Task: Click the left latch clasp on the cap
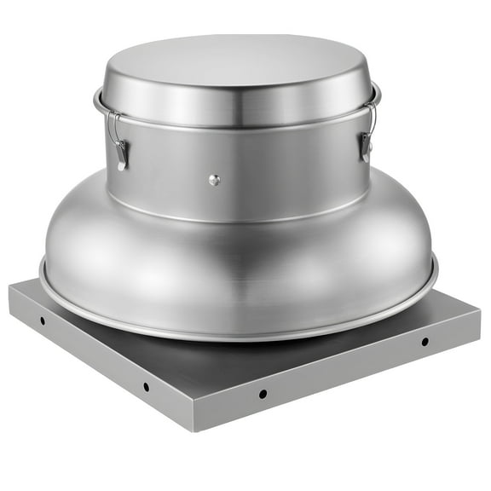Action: pos(121,153)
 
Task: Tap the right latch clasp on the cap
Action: pos(366,147)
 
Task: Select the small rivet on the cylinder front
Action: pos(214,179)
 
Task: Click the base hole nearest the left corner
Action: pos(42,321)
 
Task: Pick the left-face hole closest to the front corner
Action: pos(146,386)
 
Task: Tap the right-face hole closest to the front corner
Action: pos(263,393)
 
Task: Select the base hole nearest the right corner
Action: pos(425,341)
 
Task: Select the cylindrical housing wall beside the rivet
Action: pos(273,179)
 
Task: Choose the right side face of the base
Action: pos(341,375)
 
